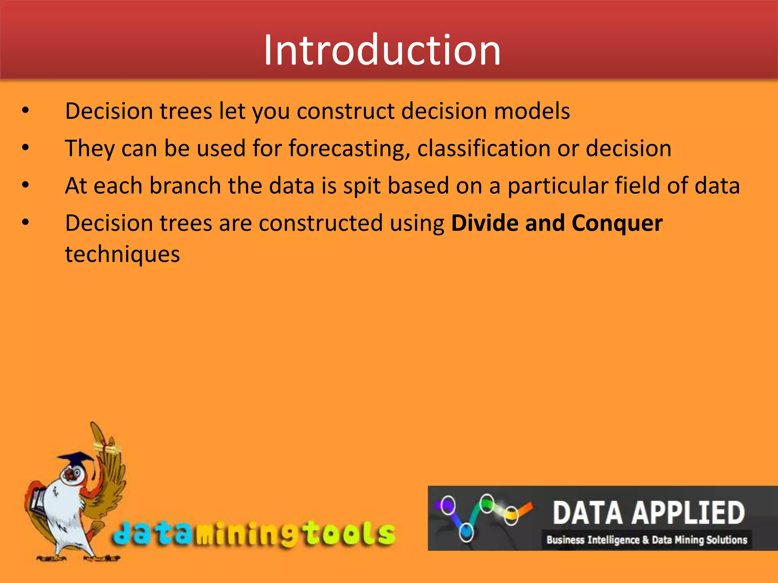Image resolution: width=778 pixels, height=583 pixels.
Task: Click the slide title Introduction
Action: point(382,50)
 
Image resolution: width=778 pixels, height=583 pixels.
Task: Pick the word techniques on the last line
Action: point(122,254)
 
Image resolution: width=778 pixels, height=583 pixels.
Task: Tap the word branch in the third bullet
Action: point(185,186)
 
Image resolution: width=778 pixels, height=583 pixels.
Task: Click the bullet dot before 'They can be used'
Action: point(25,148)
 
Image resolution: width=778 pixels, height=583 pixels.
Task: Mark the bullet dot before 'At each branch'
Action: point(25,185)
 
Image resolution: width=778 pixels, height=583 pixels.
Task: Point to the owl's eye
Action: point(76,473)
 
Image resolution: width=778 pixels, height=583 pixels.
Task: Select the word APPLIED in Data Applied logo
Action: point(688,513)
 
